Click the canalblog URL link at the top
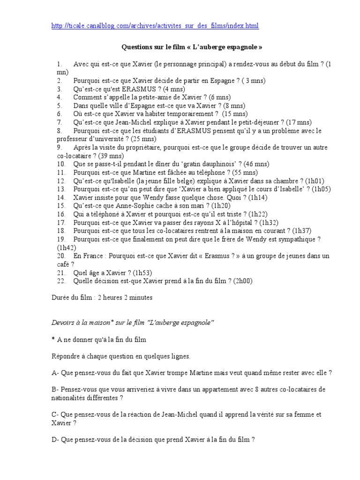click(x=155, y=25)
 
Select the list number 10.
click(x=61, y=164)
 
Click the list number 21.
click(x=61, y=273)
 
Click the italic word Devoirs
click(x=64, y=323)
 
